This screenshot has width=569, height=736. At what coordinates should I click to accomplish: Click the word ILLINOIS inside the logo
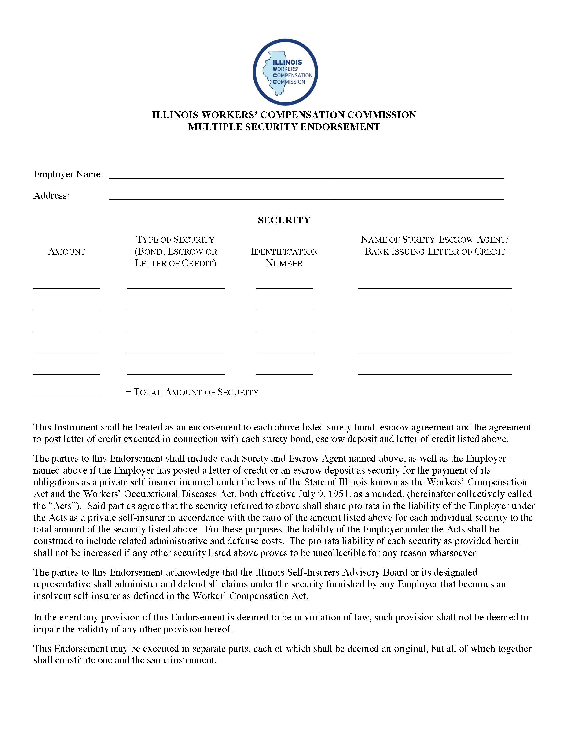(287, 62)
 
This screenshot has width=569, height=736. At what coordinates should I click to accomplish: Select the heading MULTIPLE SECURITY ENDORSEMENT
(284, 127)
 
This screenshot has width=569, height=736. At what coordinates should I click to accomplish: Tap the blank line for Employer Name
(306, 175)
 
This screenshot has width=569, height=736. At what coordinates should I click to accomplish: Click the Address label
(51, 195)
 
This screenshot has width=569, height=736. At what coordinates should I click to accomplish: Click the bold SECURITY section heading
(284, 220)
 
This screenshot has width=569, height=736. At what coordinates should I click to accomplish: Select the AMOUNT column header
(67, 252)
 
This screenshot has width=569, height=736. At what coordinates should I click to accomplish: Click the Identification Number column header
(284, 257)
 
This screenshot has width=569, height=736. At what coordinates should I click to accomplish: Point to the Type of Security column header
(176, 251)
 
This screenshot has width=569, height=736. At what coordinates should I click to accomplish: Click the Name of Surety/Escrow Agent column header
(435, 246)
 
